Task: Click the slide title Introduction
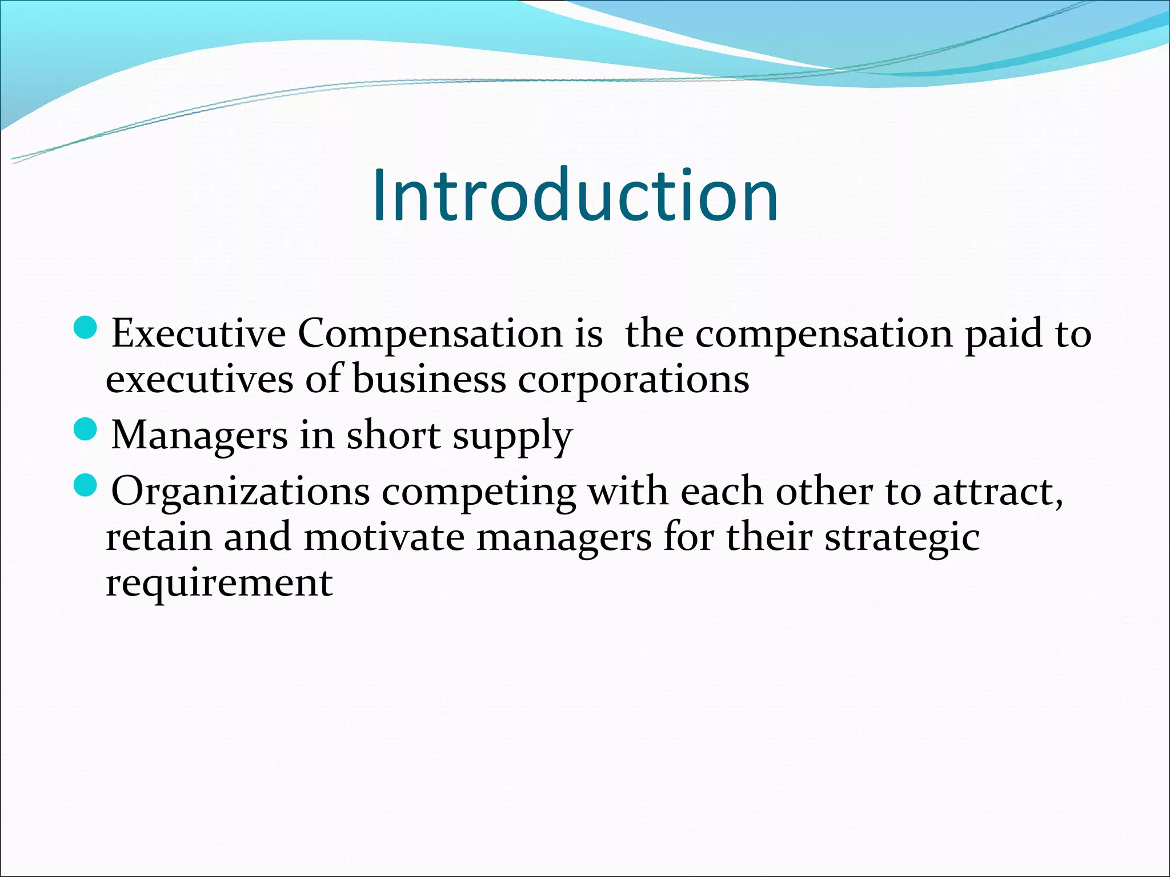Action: point(575,196)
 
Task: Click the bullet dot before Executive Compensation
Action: point(86,328)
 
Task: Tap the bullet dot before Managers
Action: point(86,429)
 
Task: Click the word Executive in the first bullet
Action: point(198,333)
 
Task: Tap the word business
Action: point(429,380)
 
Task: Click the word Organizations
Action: point(240,492)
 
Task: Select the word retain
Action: point(159,537)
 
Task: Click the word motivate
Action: point(384,537)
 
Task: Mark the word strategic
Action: point(902,538)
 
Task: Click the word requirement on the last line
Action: point(219,584)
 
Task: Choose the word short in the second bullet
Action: point(394,435)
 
